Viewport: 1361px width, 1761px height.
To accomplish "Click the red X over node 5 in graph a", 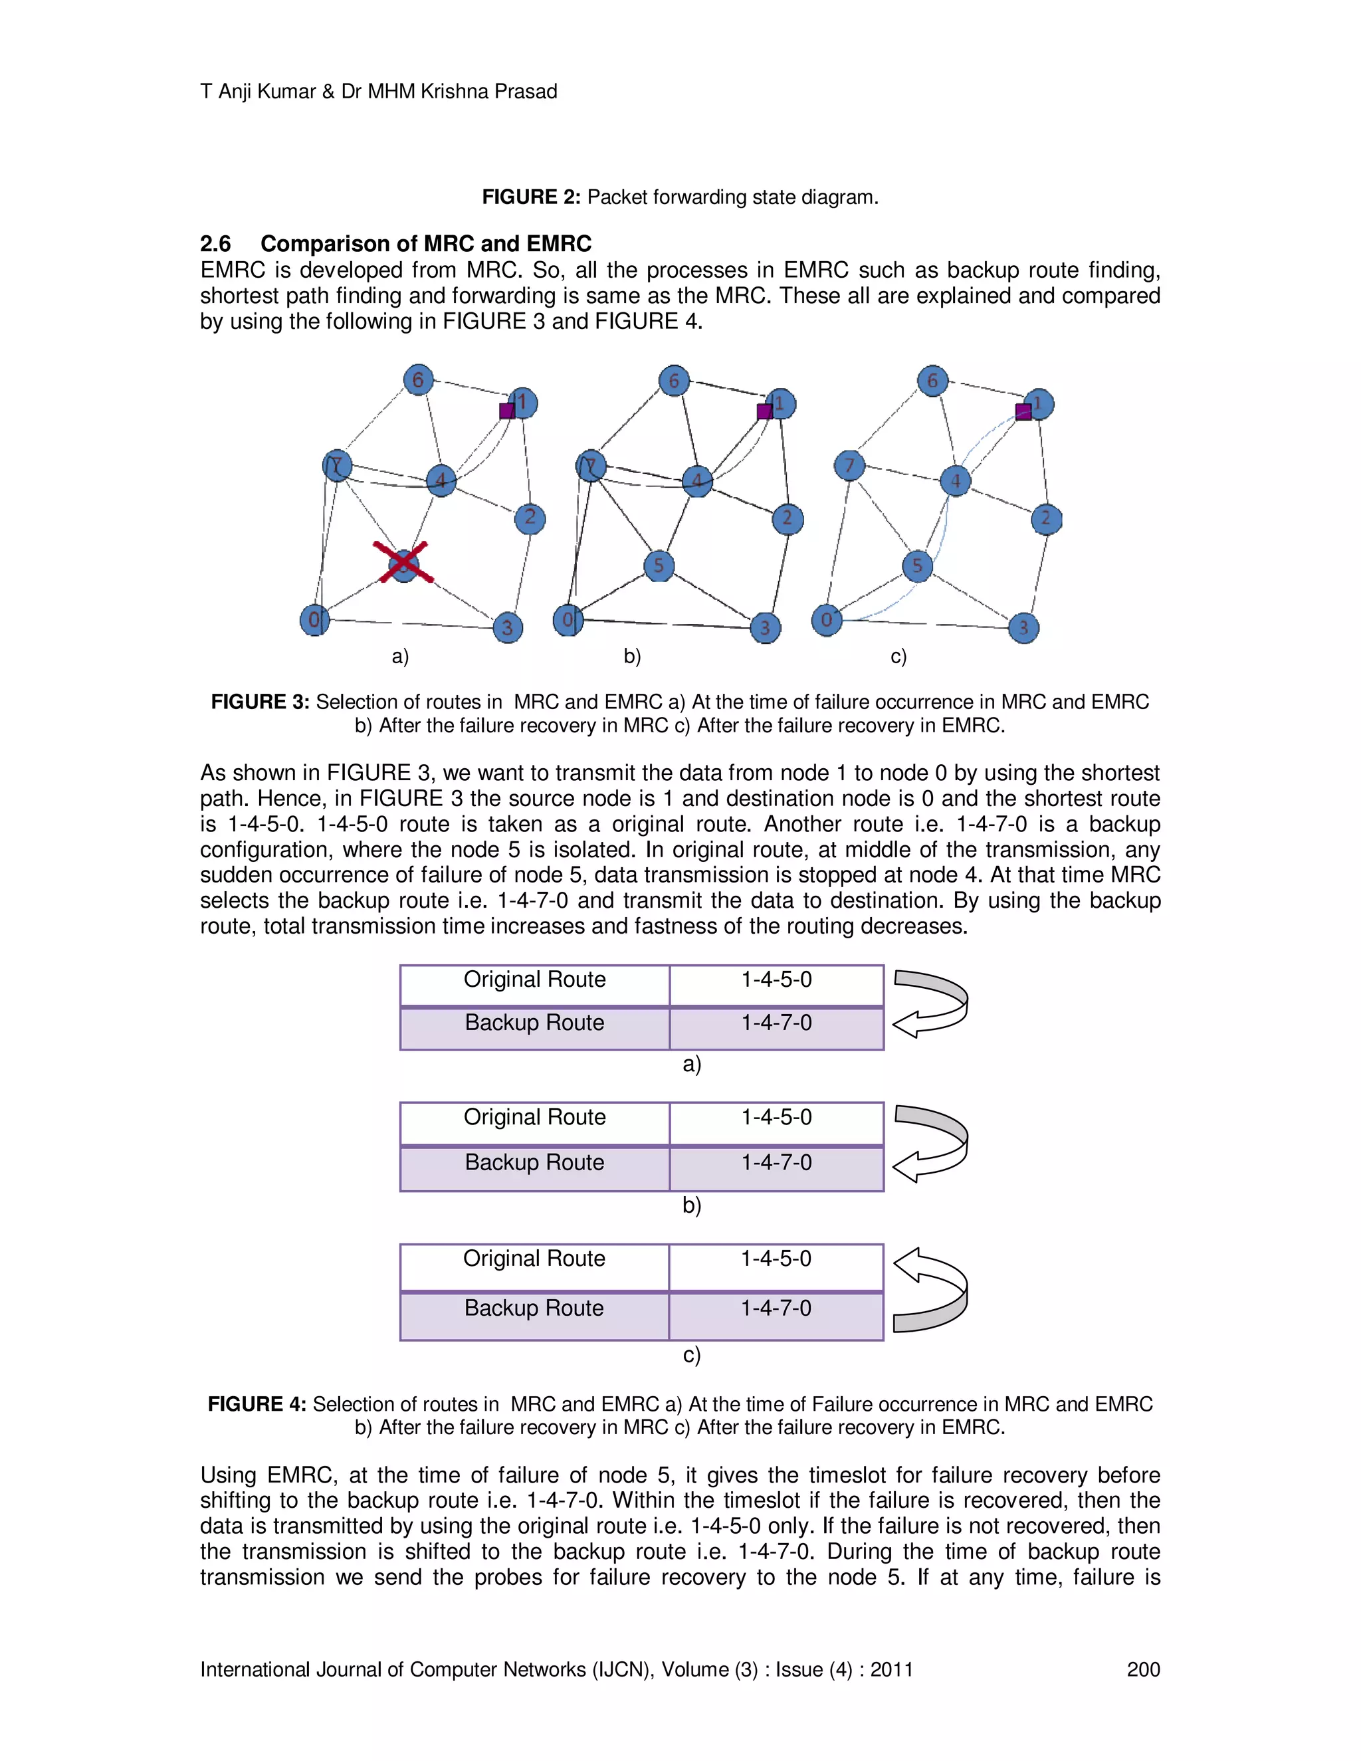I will click(x=403, y=563).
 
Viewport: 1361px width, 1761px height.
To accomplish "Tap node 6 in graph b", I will click(x=674, y=381).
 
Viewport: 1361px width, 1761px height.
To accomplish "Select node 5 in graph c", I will click(x=916, y=566).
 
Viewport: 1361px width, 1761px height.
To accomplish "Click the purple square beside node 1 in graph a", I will click(x=507, y=411).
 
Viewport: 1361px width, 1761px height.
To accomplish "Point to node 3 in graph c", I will click(x=1023, y=627).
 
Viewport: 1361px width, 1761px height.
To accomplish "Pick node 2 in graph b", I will click(x=787, y=518).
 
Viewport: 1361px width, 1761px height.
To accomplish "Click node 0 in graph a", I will click(x=314, y=619).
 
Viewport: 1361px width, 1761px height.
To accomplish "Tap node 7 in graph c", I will click(x=849, y=465).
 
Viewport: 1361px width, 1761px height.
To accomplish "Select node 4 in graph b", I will click(x=696, y=481).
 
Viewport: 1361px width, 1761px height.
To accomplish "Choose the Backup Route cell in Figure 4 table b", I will click(x=534, y=1164).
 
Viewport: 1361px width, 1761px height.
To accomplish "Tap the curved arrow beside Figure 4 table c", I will click(x=930, y=1290).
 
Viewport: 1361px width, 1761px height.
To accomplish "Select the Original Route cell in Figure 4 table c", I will click(x=534, y=1260).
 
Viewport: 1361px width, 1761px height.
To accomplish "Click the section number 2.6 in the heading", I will click(x=215, y=243).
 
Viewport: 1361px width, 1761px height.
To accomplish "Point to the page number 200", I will click(x=1142, y=1669).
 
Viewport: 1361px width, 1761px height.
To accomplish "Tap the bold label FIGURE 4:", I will click(x=257, y=1403).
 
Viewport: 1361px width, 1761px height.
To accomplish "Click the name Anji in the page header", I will click(x=235, y=92).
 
